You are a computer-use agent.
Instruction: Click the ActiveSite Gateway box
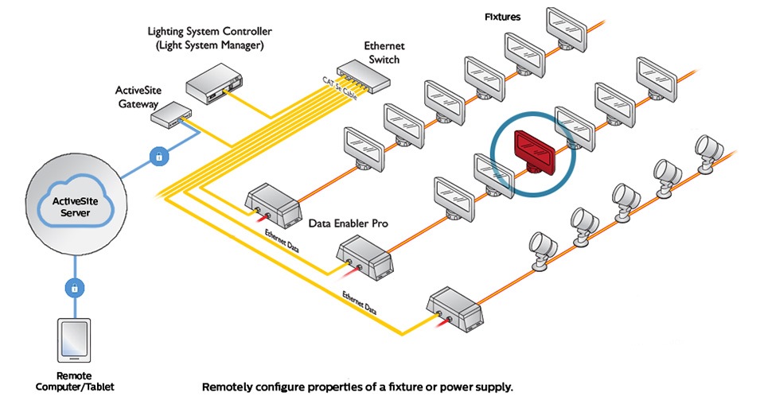pos(169,114)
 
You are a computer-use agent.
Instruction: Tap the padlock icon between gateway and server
pos(159,157)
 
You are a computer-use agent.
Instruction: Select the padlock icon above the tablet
pos(75,288)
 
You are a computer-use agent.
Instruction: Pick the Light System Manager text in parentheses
pos(210,45)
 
